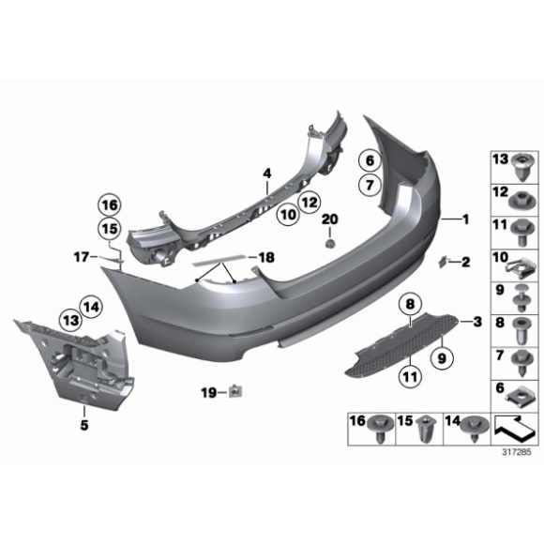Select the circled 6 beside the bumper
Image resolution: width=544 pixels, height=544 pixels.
point(369,161)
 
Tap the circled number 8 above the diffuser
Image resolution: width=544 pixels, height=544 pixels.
point(409,304)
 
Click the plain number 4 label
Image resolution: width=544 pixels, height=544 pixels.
point(266,174)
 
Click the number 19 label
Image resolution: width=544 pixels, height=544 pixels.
point(210,390)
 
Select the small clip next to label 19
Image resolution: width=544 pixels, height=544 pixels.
point(234,391)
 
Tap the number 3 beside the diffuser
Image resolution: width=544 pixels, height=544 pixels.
point(477,323)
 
